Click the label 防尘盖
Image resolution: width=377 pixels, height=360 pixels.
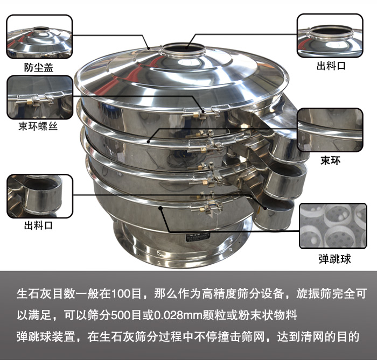pyautogui.click(x=38, y=67)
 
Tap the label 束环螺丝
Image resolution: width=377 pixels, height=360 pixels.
pyautogui.click(x=38, y=126)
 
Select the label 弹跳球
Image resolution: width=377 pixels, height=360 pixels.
pyautogui.click(x=334, y=259)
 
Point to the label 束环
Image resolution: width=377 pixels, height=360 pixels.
pyautogui.click(x=330, y=160)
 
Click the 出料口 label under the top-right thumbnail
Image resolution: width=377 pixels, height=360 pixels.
pyautogui.click(x=331, y=66)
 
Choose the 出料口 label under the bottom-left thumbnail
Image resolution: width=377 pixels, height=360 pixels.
pyautogui.click(x=38, y=226)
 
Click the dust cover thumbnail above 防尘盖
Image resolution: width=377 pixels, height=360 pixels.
pyautogui.click(x=39, y=37)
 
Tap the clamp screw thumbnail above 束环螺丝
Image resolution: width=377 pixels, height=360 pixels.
pyautogui.click(x=40, y=97)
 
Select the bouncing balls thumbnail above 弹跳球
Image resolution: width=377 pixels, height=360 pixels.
pyautogui.click(x=333, y=226)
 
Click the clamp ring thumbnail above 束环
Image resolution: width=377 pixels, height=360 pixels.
pyautogui.click(x=330, y=130)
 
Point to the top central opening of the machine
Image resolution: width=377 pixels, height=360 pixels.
pyautogui.click(x=183, y=49)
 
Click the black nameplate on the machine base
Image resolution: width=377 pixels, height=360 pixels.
pyautogui.click(x=198, y=237)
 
